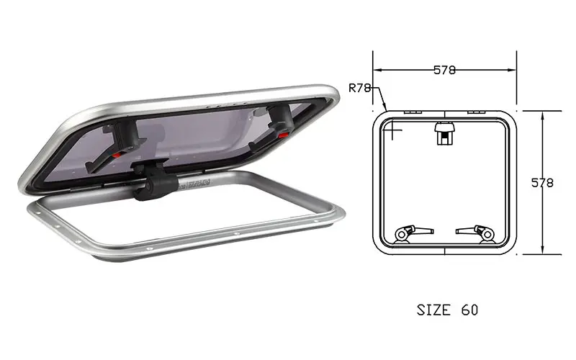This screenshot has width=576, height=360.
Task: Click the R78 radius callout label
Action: tap(359, 88)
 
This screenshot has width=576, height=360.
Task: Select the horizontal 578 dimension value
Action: tap(444, 70)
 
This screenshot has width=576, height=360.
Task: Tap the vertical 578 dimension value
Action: tap(542, 183)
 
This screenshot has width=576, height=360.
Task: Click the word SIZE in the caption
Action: tap(434, 310)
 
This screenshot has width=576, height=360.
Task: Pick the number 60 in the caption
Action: tap(470, 310)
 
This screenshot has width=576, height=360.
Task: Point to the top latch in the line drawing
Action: tap(444, 134)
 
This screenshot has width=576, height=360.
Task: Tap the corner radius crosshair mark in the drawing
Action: tap(392, 130)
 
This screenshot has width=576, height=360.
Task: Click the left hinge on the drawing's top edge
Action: tap(413, 112)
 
